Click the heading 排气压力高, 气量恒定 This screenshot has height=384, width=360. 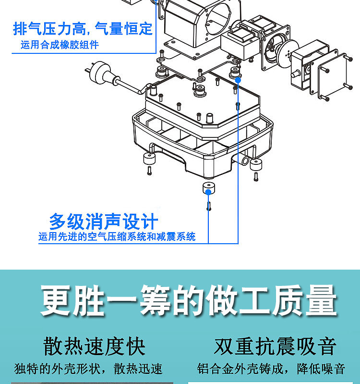(x=83, y=29)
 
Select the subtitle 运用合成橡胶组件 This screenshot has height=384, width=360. (x=60, y=46)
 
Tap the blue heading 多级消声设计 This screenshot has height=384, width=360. (x=103, y=222)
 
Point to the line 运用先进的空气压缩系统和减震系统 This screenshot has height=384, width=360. (x=117, y=237)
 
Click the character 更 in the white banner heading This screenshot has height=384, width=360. (x=56, y=301)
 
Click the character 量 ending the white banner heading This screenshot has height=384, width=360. (x=321, y=301)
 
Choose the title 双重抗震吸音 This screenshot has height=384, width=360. (x=275, y=347)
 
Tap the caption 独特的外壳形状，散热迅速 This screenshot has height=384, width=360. (x=89, y=369)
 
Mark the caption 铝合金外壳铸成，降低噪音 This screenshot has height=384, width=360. (x=271, y=369)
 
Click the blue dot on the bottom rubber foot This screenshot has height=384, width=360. (x=208, y=192)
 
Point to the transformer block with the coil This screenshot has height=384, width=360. (x=240, y=41)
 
